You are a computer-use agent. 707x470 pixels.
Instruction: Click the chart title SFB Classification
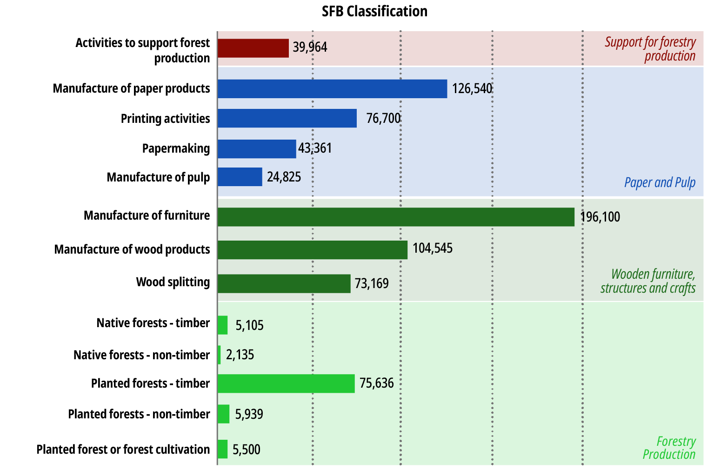tap(374, 11)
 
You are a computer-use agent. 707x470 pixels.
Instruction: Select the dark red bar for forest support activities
tap(253, 48)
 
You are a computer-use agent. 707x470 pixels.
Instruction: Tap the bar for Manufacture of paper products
tap(332, 89)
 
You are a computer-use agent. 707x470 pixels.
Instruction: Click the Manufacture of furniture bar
tap(396, 217)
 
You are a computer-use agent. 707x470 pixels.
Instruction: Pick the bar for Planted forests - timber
tap(286, 383)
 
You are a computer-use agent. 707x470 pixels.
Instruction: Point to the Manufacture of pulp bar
tap(240, 177)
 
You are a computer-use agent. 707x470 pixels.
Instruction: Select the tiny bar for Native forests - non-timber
tap(219, 355)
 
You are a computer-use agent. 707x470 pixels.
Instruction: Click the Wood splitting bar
tap(284, 283)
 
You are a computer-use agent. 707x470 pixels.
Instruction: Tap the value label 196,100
tap(600, 217)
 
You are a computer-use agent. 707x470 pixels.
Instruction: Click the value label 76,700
tap(383, 118)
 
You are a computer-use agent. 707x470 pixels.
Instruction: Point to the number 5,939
tap(249, 414)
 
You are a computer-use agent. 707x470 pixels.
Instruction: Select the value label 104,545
tap(433, 248)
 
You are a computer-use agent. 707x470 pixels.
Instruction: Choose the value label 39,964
tap(310, 47)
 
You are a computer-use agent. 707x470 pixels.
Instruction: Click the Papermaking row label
tap(176, 148)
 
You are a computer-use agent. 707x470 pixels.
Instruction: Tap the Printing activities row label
tap(165, 119)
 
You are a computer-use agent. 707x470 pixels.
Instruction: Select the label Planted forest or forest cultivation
tap(123, 450)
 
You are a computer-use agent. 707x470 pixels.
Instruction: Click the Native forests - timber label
tap(153, 323)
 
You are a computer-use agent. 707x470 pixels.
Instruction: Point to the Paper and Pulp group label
tap(660, 182)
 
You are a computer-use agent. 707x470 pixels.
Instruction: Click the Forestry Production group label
tap(670, 448)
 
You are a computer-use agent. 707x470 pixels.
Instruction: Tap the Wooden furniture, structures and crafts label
tap(648, 281)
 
